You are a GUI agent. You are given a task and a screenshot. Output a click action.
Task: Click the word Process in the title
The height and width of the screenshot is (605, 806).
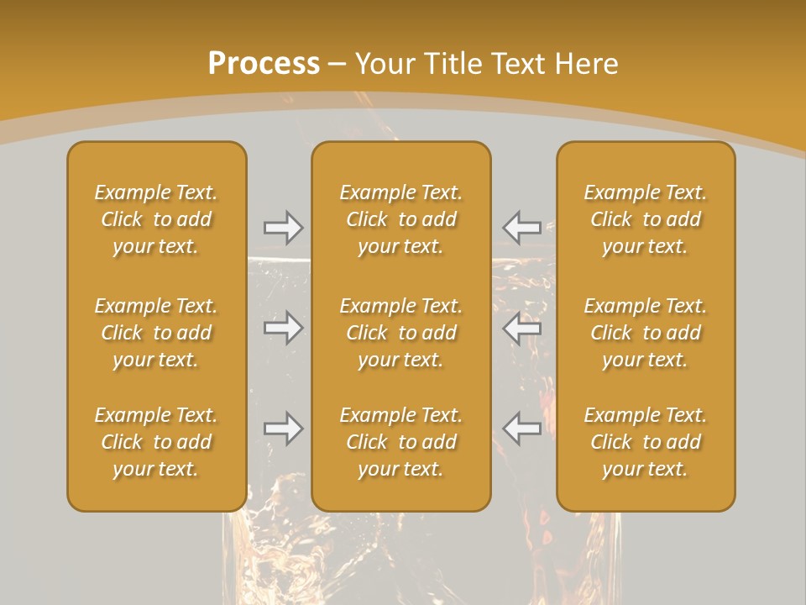pyautogui.click(x=264, y=64)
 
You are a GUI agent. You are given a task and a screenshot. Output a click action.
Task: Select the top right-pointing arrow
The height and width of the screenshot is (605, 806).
pyautogui.click(x=283, y=227)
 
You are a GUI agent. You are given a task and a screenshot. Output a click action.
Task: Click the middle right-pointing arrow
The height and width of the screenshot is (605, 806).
pyautogui.click(x=283, y=327)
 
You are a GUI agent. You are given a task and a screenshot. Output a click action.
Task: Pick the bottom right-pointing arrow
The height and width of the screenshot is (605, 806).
pyautogui.click(x=283, y=429)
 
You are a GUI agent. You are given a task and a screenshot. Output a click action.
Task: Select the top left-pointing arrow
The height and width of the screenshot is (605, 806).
pyautogui.click(x=521, y=227)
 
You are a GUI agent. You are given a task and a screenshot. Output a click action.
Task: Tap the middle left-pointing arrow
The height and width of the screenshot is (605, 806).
pyautogui.click(x=521, y=327)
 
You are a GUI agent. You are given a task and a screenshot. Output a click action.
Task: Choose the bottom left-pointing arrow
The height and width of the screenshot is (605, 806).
pyautogui.click(x=521, y=429)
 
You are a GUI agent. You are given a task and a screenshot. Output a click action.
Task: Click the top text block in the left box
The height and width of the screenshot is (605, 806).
pyautogui.click(x=156, y=219)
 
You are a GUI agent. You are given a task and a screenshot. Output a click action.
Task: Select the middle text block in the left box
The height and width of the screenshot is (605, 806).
pyautogui.click(x=156, y=333)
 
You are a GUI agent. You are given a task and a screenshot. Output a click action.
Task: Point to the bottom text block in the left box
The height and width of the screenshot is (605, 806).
pyautogui.click(x=156, y=442)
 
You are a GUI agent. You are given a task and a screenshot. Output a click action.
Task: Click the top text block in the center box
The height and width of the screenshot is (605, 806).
pyautogui.click(x=400, y=219)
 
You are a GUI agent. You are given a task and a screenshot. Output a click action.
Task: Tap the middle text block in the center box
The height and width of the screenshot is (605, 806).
pyautogui.click(x=400, y=333)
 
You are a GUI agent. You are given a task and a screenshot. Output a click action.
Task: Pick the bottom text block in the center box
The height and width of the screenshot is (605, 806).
pyautogui.click(x=400, y=442)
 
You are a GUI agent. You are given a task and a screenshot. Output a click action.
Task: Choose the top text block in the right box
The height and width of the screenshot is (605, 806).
pyautogui.click(x=646, y=219)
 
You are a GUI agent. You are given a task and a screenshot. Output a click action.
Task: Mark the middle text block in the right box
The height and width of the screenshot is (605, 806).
pyautogui.click(x=646, y=333)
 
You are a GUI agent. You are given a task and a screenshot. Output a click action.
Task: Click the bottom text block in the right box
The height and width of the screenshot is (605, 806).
pyautogui.click(x=646, y=442)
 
